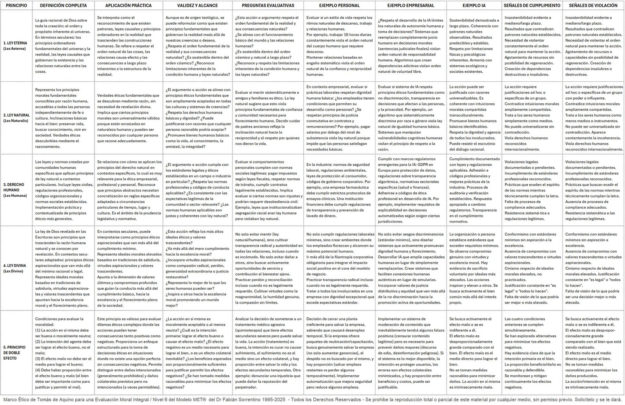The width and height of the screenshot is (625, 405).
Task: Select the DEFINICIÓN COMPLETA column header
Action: tap(63, 5)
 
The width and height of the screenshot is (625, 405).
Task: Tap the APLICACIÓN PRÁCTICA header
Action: tap(129, 5)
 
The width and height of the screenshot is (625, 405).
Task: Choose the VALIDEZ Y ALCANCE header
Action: tap(198, 5)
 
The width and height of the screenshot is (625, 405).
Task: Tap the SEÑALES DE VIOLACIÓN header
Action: tap(593, 5)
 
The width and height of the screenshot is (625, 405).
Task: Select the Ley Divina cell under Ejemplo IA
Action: tap(474, 268)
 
